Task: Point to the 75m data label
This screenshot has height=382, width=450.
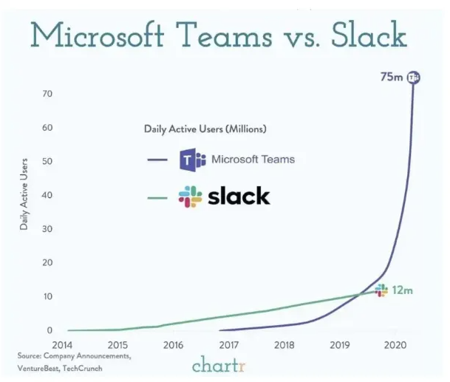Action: coord(391,77)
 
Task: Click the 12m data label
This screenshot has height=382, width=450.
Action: coord(402,290)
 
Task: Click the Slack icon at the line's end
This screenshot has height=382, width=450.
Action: coord(381,290)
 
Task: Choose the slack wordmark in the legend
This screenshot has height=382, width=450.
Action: coord(239,197)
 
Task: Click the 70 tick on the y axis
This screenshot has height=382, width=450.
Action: coord(47,94)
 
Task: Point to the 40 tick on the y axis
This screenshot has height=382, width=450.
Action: coord(47,195)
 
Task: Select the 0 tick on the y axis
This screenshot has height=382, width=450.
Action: coord(50,330)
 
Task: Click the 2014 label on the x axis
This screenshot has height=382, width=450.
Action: coord(63,344)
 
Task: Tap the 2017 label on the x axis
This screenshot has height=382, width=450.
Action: coord(229,344)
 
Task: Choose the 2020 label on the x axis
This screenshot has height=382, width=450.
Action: coord(395,344)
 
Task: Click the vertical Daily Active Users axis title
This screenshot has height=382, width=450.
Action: coord(24,194)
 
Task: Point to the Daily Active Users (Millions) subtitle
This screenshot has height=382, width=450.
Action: coord(205,129)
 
